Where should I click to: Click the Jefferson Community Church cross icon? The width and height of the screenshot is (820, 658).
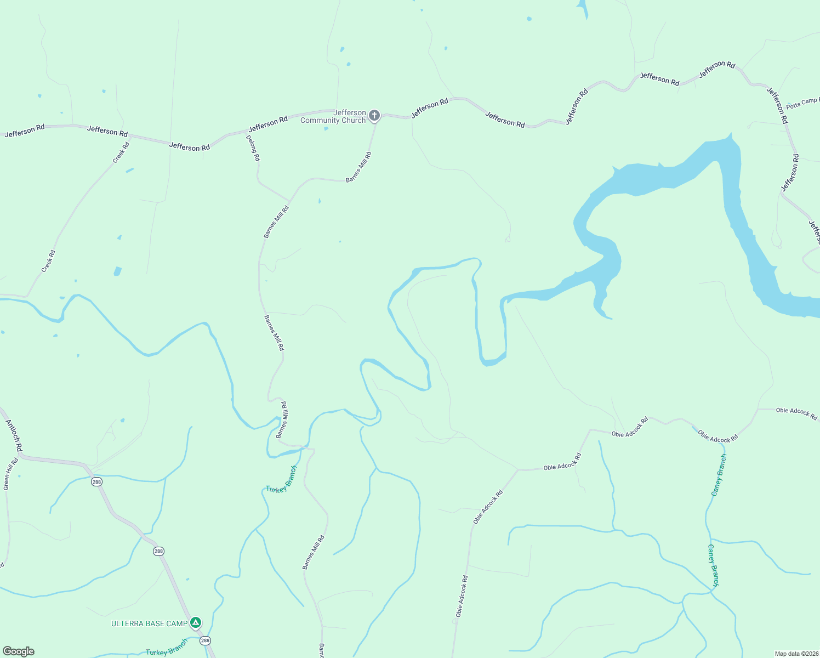374,115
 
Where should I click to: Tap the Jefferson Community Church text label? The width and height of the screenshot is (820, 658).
333,117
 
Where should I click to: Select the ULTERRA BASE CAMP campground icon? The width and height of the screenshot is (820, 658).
196,623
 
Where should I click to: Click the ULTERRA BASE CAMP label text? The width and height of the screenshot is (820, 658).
149,623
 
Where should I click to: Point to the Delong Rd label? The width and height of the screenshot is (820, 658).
253,148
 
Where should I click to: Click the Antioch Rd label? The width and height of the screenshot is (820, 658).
14,435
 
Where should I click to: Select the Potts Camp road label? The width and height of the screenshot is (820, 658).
802,103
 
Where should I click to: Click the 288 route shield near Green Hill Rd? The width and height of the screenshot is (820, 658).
97,482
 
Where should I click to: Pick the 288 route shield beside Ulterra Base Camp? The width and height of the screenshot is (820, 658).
205,640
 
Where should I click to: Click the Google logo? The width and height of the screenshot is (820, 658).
18,651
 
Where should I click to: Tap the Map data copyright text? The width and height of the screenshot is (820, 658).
796,654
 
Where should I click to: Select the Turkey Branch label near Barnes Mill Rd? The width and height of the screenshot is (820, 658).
281,480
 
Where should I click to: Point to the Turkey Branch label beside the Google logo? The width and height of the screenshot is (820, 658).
167,648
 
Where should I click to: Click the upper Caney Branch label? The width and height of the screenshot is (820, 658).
719,475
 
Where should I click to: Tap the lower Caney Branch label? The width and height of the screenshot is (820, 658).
713,565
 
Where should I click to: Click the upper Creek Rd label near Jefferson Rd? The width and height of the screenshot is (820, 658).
121,152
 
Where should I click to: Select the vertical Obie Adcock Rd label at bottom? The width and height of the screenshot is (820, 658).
462,597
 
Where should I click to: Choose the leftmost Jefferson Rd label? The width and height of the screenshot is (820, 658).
25,131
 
